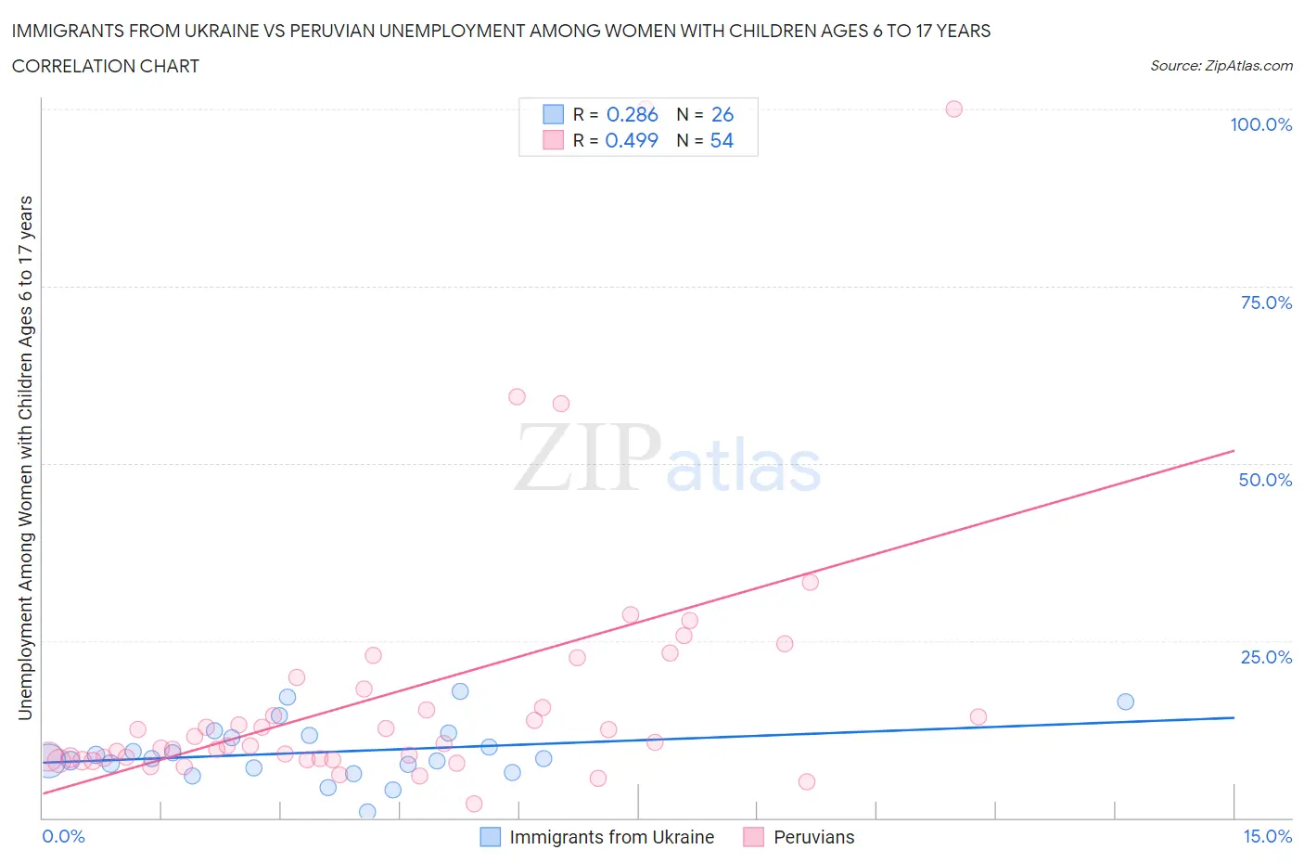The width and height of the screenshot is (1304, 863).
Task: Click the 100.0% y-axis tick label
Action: click(1260, 124)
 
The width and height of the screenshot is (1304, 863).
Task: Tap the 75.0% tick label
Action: click(1266, 303)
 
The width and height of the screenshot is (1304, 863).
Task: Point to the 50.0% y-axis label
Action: click(1265, 480)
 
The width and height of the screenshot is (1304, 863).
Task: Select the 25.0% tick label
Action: click(1266, 657)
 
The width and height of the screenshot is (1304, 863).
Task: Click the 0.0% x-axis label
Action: click(63, 836)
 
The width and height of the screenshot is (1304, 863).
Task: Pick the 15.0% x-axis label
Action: click(1267, 836)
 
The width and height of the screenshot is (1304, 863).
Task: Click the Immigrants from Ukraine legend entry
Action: click(611, 837)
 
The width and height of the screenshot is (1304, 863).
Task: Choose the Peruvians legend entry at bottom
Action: click(813, 837)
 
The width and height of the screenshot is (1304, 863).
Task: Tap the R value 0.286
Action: click(632, 114)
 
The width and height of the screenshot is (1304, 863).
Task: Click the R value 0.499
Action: click(632, 140)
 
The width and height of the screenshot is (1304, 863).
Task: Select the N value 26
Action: click(722, 114)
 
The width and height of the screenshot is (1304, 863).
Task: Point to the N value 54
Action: click(722, 140)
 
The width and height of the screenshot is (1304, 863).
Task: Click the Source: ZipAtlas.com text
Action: click(1221, 65)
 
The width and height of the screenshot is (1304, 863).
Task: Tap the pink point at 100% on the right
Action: click(953, 109)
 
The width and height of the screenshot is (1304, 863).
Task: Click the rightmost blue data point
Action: click(1125, 702)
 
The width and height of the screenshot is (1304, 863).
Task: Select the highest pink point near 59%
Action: click(517, 396)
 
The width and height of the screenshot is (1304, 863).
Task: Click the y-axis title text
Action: click(25, 457)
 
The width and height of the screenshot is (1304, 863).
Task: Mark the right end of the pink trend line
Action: click(1234, 450)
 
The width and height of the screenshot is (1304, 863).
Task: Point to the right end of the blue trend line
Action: click(1234, 717)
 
